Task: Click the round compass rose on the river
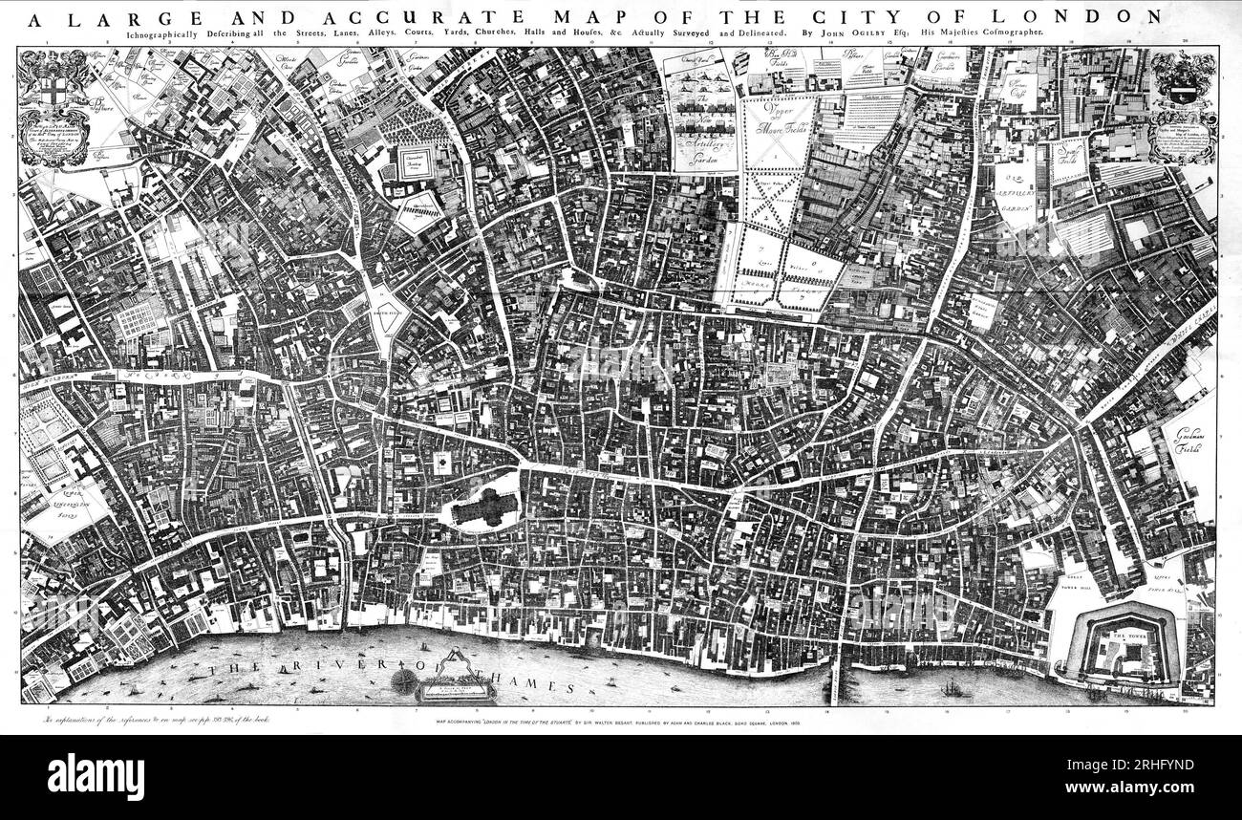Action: pos(405,680)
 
